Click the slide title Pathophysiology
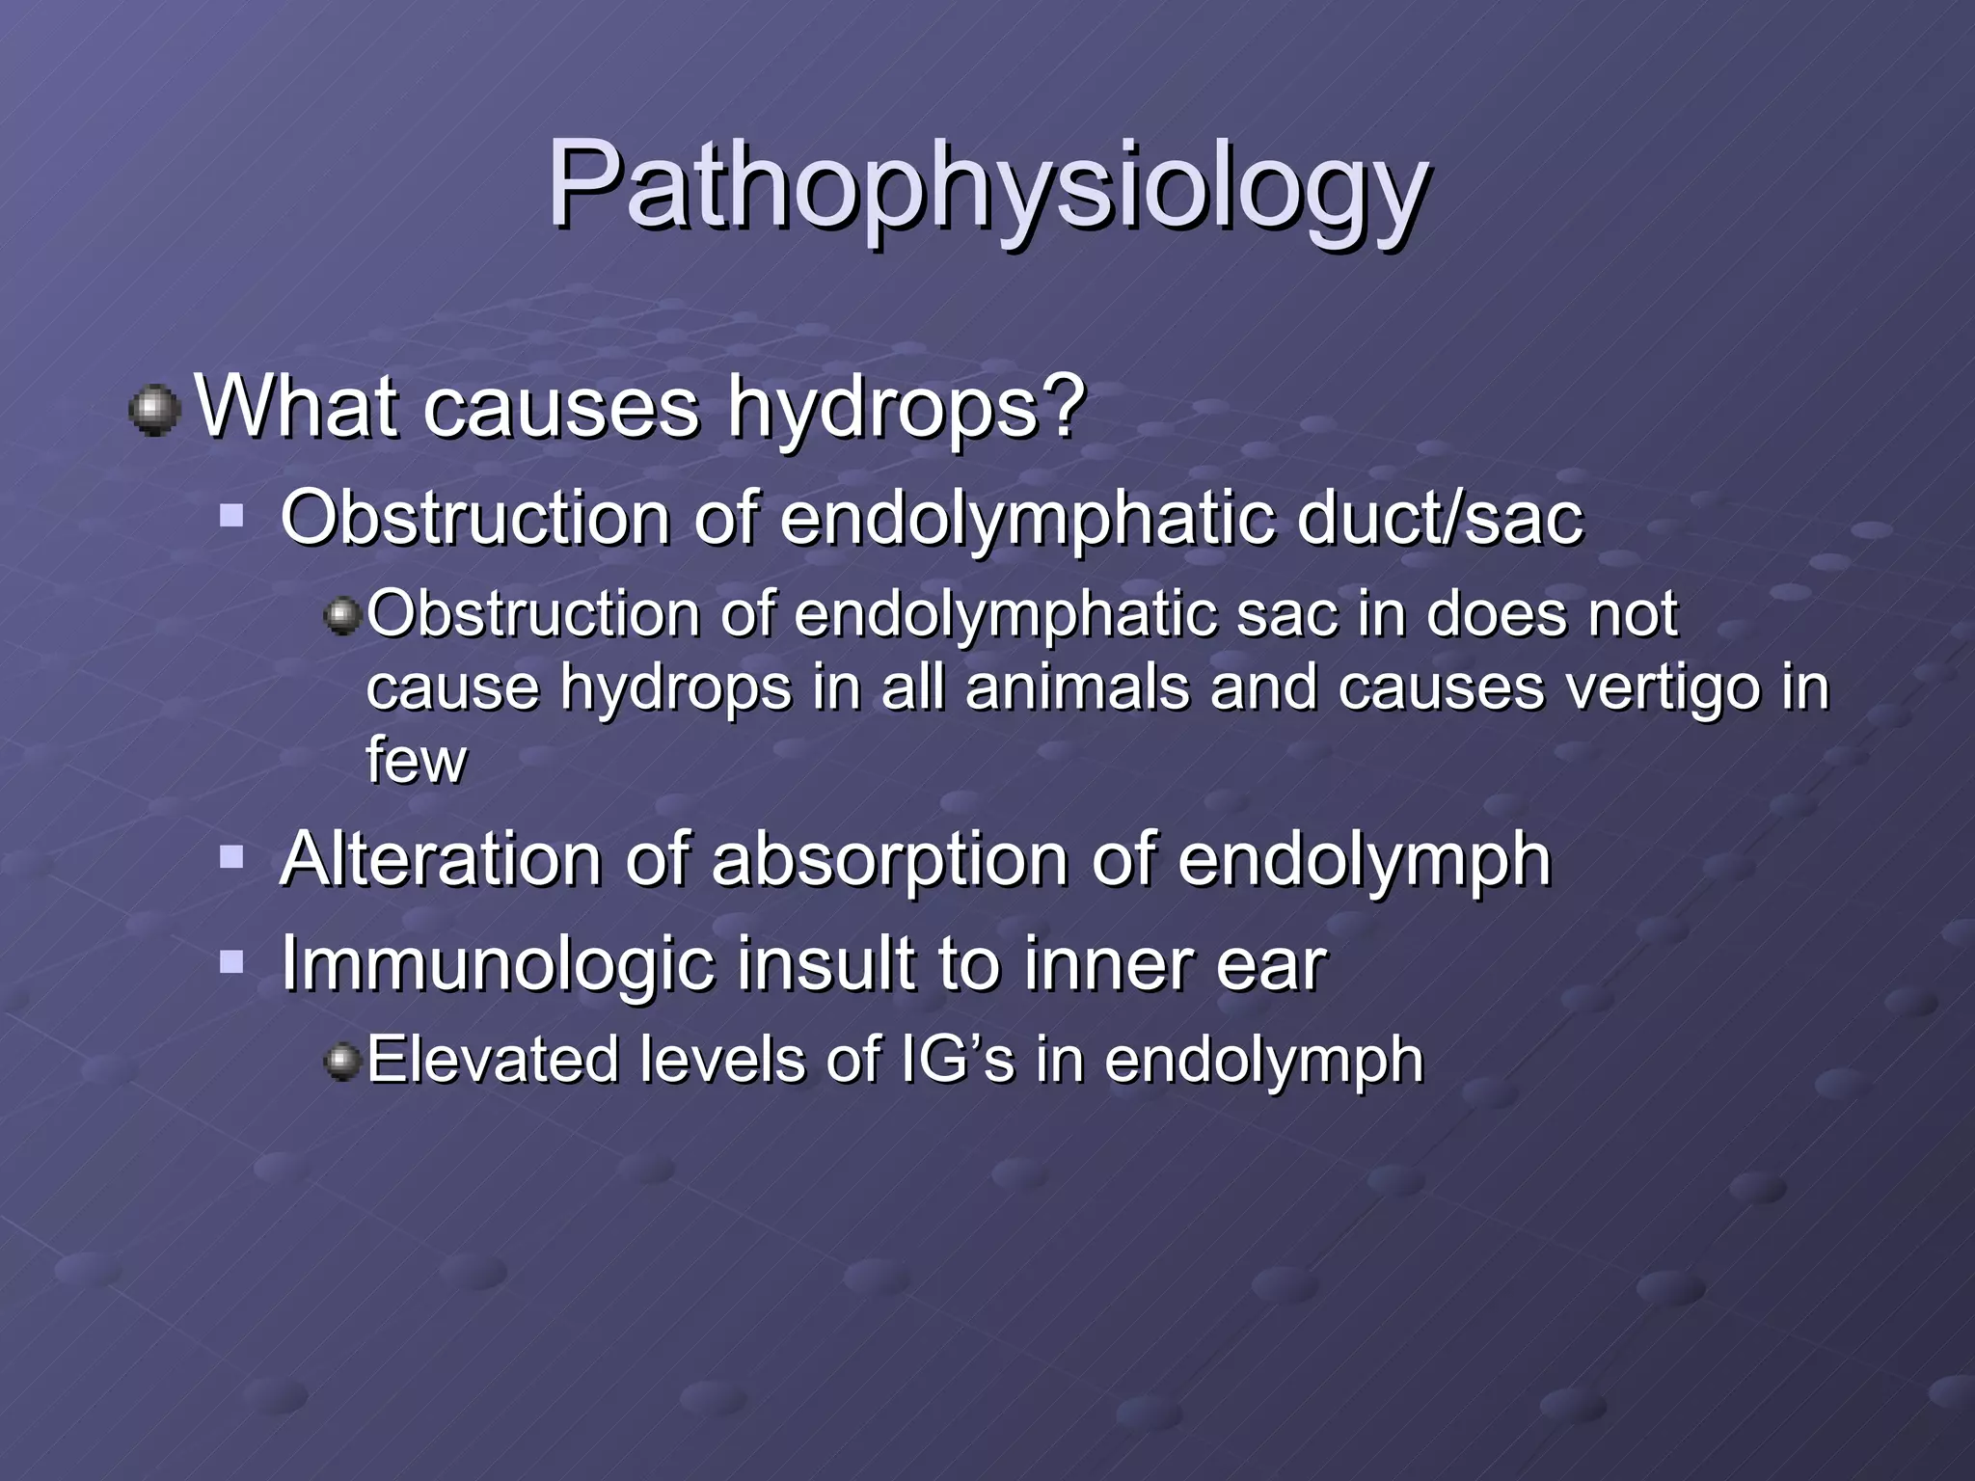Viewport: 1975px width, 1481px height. point(987,186)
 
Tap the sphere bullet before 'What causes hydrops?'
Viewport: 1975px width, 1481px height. point(154,412)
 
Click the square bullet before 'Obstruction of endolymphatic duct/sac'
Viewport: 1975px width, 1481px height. point(231,514)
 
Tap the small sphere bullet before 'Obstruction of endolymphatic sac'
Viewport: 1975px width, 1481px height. point(342,614)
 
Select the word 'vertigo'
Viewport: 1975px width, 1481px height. point(1649,689)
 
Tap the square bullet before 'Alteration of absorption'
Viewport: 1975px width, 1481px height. point(231,856)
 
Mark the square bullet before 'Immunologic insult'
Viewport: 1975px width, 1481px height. point(231,960)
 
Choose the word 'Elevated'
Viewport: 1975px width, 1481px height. point(493,1060)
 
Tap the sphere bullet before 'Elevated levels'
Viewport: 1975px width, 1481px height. point(342,1062)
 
